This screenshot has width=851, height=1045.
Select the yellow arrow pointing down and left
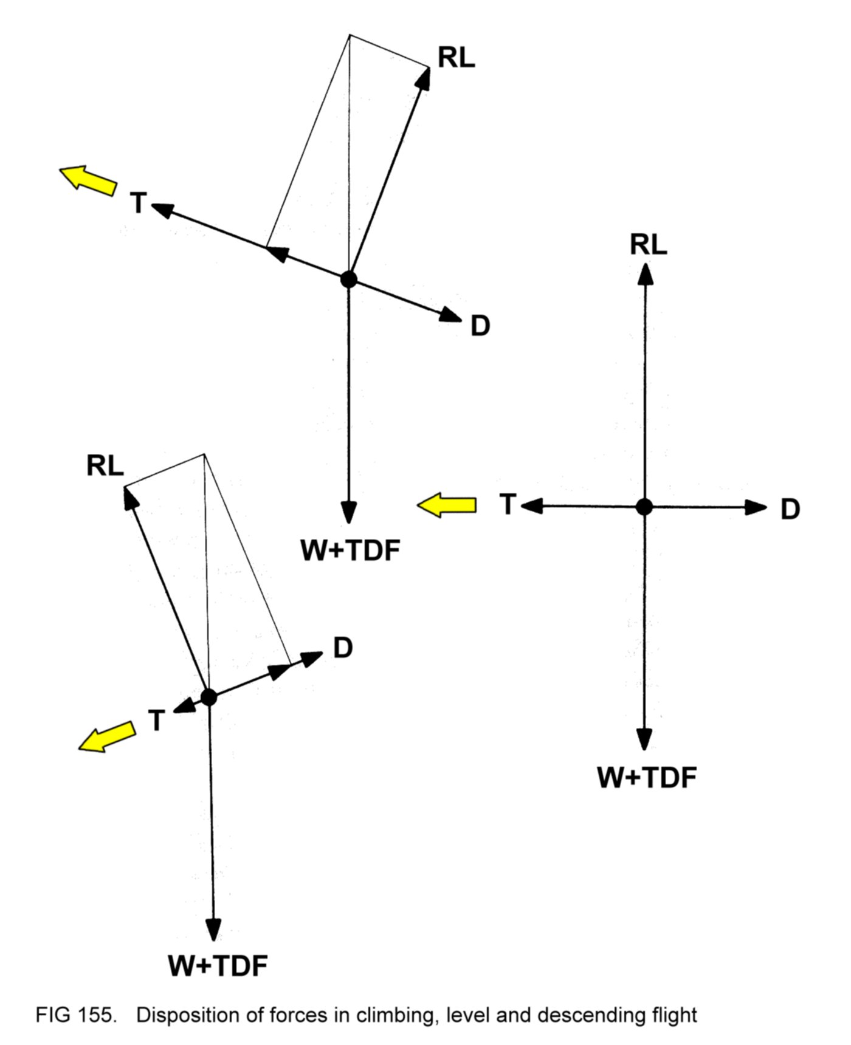(107, 737)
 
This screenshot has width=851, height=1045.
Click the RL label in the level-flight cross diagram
(648, 245)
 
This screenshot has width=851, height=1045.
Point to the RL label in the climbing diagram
(456, 58)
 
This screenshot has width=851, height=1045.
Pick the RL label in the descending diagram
(105, 466)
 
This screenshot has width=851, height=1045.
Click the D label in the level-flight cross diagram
(790, 509)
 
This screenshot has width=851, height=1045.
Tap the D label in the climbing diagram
(480, 326)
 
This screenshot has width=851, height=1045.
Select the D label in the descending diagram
(343, 648)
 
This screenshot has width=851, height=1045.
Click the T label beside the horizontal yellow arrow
(508, 504)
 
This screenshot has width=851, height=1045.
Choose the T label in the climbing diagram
(139, 203)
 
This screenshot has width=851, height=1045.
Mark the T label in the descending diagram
(157, 721)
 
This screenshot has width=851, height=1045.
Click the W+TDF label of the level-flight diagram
(647, 778)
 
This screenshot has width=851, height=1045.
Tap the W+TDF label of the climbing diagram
(351, 551)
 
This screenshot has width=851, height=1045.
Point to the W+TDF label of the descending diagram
(218, 966)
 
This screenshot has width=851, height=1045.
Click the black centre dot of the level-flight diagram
(644, 506)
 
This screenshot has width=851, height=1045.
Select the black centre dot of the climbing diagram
(348, 279)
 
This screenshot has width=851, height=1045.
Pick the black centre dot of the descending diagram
(208, 697)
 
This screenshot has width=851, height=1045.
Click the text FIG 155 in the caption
(75, 1015)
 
